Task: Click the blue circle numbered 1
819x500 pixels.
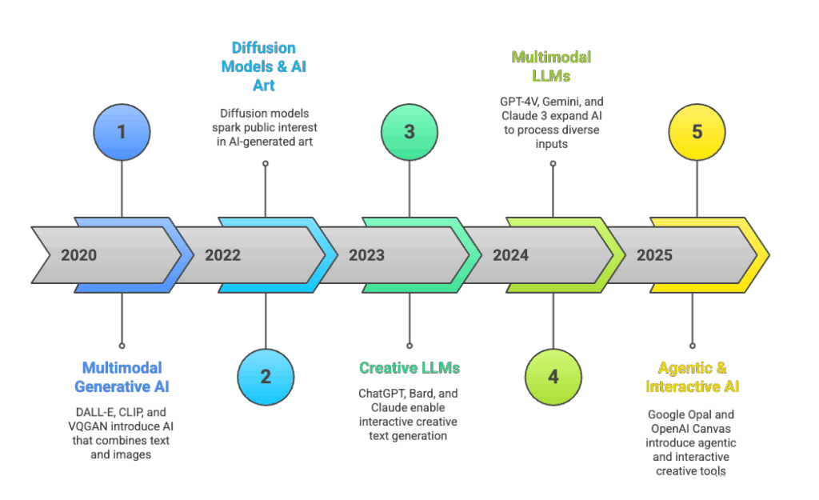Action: point(122,131)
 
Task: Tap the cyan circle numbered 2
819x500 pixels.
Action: point(266,377)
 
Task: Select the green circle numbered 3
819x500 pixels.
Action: point(409,131)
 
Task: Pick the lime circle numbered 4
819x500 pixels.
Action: point(553,377)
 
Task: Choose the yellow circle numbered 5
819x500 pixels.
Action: point(697,131)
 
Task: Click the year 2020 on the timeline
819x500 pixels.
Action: point(78,256)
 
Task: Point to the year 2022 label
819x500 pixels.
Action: point(222,256)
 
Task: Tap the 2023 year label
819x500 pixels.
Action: point(366,256)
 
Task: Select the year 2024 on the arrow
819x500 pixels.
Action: point(510,256)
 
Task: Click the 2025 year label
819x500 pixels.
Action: point(654,256)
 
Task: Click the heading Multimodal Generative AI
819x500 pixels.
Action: point(122,377)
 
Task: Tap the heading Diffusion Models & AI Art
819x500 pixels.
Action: point(263,66)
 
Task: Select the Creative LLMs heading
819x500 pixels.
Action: point(409,368)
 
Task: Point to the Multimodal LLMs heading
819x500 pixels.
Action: point(552,66)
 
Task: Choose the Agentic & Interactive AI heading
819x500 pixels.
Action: point(693,377)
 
